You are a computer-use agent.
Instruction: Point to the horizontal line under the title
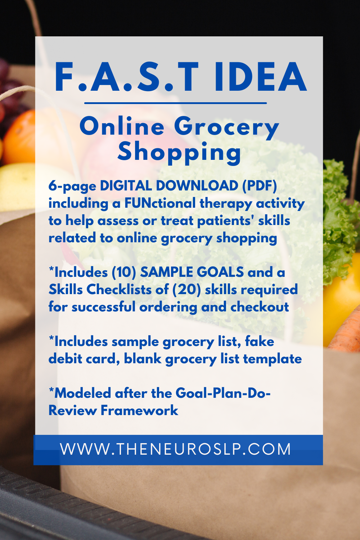point(176,103)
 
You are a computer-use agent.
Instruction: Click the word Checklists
point(119,289)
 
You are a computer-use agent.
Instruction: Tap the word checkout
point(260,307)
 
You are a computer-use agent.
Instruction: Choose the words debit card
point(84,359)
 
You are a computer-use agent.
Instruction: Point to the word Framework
point(139,411)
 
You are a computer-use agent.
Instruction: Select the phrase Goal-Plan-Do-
point(223,393)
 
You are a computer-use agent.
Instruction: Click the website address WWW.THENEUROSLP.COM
point(175,449)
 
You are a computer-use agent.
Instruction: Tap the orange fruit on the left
point(19,138)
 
